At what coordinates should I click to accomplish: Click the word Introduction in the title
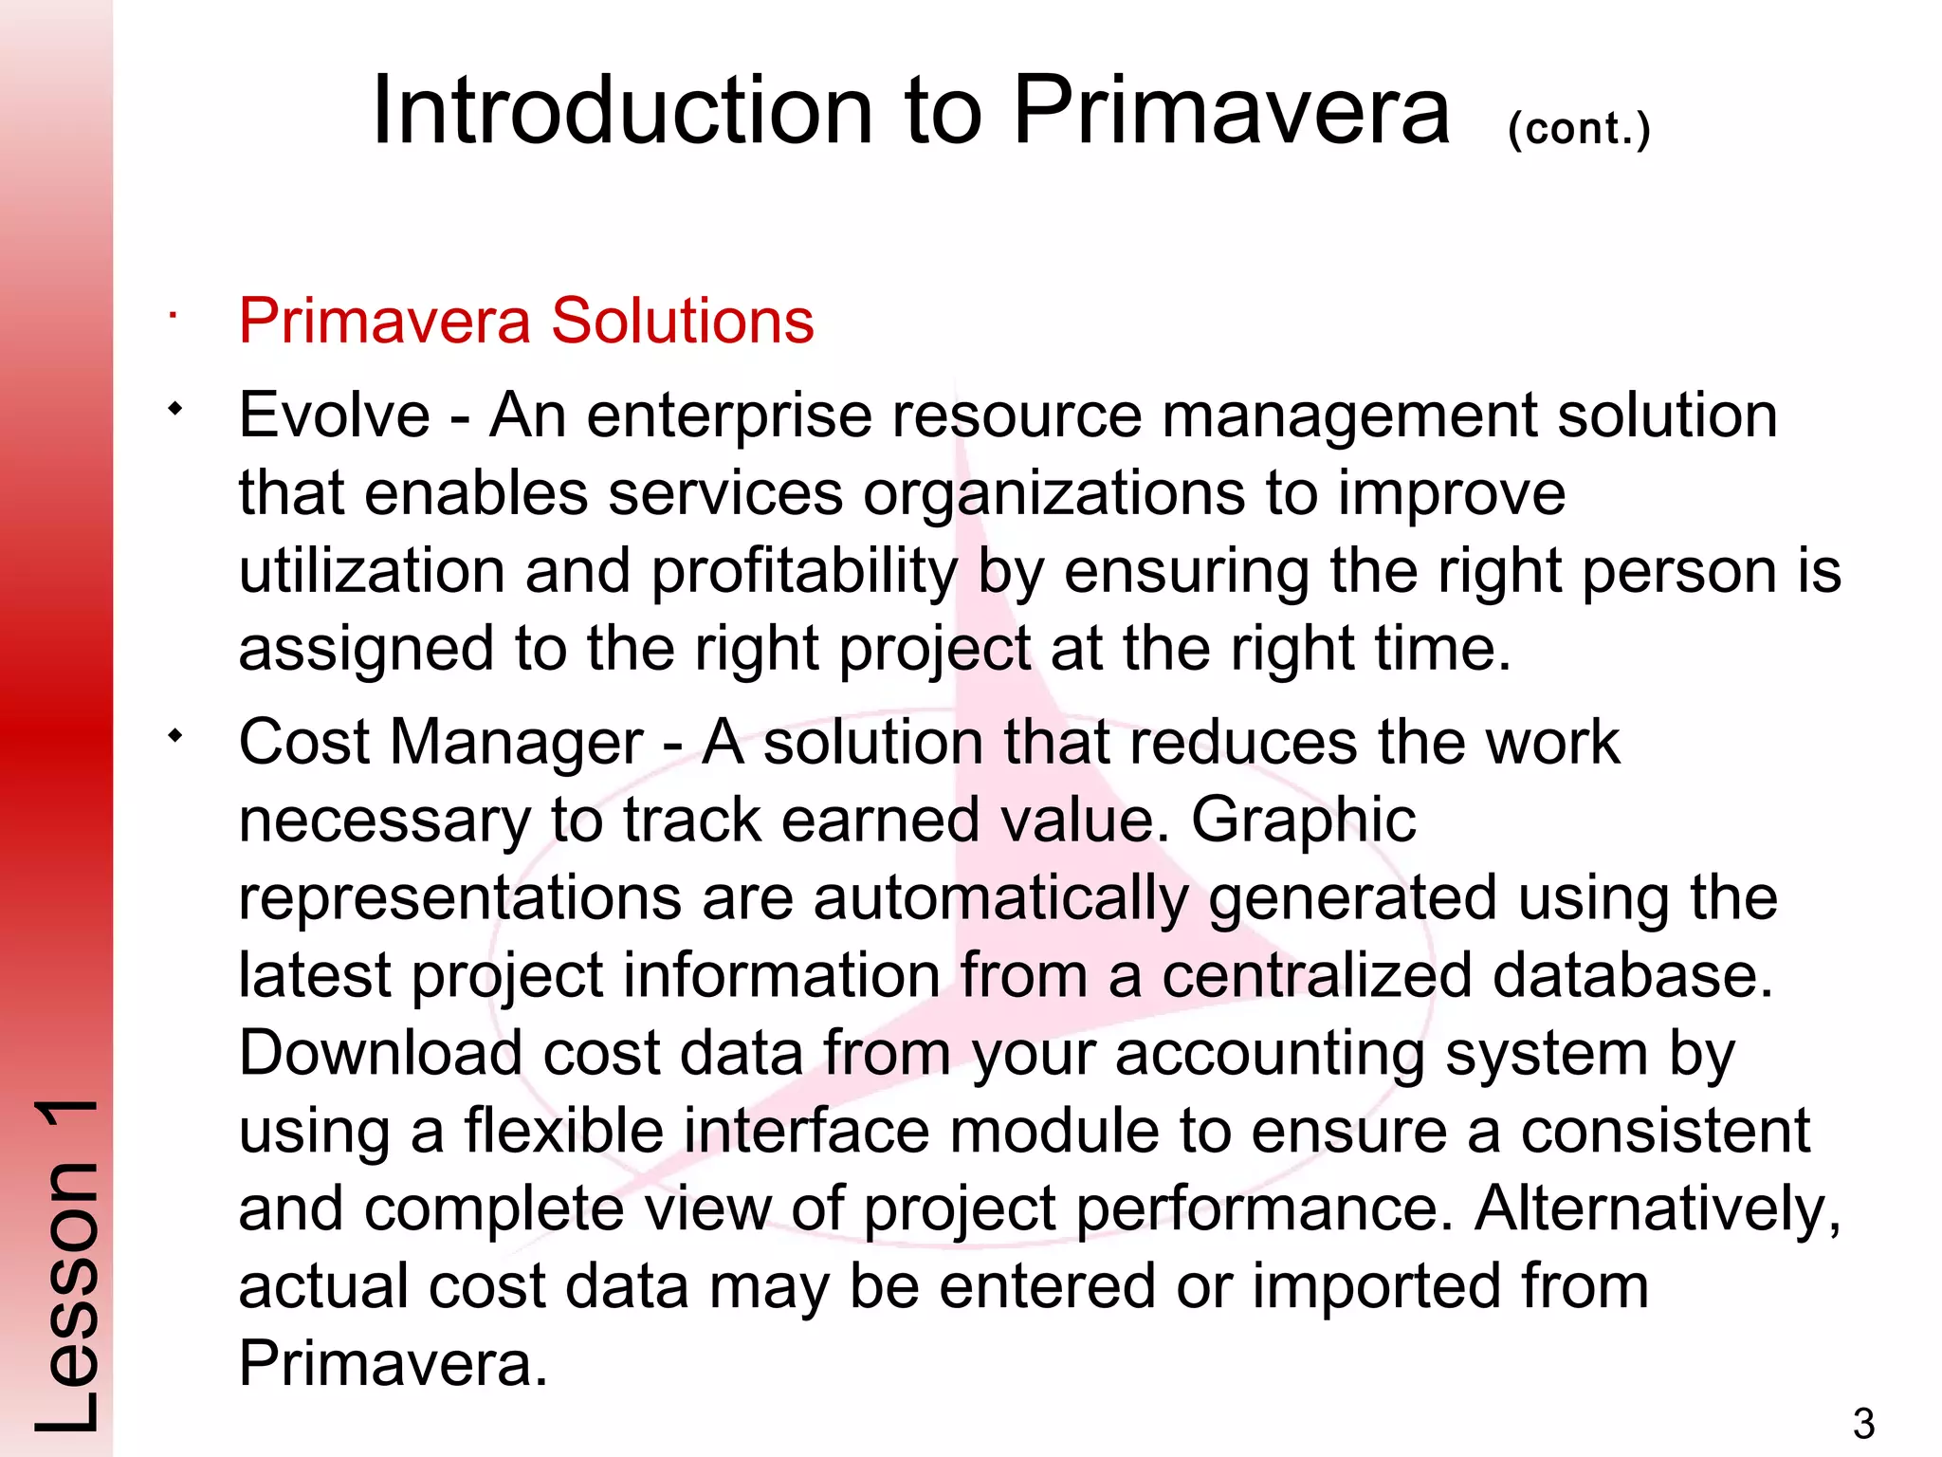[x=622, y=111]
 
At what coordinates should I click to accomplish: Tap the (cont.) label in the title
[x=1579, y=128]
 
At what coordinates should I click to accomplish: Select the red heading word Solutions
[x=682, y=321]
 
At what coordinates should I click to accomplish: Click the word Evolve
[x=335, y=415]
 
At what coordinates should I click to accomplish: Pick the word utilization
[x=372, y=571]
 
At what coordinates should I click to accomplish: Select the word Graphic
[x=1303, y=821]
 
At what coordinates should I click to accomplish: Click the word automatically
[x=999, y=898]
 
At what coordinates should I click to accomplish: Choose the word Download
[x=380, y=1054]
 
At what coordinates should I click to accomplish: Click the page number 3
[x=1863, y=1424]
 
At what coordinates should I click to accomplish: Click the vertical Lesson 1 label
[x=66, y=1266]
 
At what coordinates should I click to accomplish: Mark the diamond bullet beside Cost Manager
[x=174, y=736]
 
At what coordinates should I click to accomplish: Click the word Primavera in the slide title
[x=1231, y=111]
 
